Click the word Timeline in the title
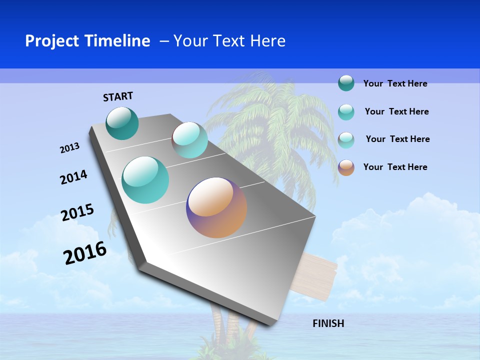117,41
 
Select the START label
118,96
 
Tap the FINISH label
328,323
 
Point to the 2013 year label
69,148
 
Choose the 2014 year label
73,177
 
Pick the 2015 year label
77,212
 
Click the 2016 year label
85,253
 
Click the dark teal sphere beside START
122,123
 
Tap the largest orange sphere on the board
216,207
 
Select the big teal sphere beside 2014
145,180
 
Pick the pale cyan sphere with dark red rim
189,140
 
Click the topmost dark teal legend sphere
346,83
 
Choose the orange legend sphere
346,167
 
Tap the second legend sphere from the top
346,112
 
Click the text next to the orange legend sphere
395,167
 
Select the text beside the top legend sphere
395,83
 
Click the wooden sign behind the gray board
320,277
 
